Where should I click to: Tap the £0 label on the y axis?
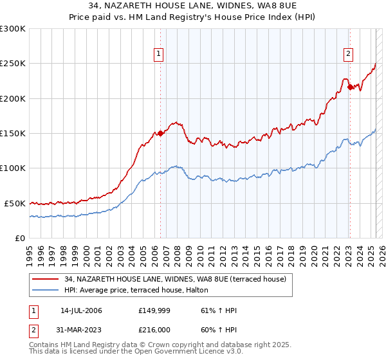pos(21,238)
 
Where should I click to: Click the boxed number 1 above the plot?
pos(159,55)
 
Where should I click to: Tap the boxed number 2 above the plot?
pos(348,55)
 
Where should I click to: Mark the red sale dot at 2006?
pos(160,134)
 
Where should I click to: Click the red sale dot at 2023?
pos(350,87)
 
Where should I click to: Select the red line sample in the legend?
pos(46,278)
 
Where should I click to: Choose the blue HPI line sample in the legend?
pos(46,290)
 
